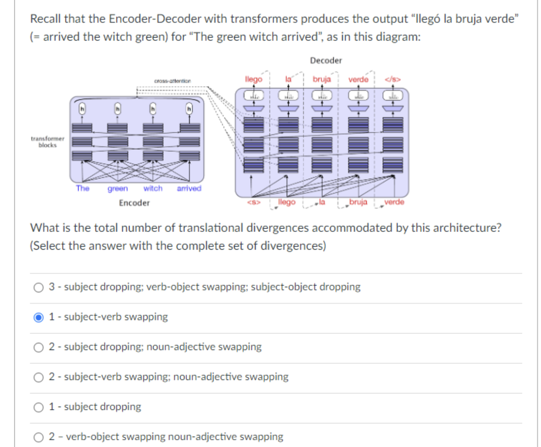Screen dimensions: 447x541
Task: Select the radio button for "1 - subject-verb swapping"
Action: pos(38,317)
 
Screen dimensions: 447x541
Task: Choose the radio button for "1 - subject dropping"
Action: pos(38,407)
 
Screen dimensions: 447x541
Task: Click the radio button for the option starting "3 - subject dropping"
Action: pos(38,287)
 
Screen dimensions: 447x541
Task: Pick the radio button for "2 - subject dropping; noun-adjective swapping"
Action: pos(38,347)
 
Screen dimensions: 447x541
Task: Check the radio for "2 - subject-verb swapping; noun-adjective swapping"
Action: pos(38,377)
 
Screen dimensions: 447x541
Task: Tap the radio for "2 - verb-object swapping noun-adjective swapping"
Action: pos(38,437)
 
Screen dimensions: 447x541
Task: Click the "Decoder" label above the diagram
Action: pos(326,60)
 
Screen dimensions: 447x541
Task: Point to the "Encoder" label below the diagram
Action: pos(134,203)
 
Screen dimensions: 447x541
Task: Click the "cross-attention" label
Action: pos(172,81)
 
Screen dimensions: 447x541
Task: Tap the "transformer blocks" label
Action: pos(47,142)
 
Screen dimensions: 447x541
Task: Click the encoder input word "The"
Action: pos(83,188)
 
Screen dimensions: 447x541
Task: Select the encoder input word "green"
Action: pos(117,188)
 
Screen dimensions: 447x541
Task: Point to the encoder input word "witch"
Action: pos(153,188)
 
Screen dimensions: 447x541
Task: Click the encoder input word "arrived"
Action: pos(189,188)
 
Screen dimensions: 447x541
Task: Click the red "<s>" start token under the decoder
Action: pos(254,202)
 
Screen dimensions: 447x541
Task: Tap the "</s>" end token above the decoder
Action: pos(392,79)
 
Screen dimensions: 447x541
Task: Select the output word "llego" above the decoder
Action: pos(254,79)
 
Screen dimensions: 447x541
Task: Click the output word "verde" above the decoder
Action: pos(358,79)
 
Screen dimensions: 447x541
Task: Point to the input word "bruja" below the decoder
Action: pos(358,202)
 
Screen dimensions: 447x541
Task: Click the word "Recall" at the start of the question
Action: pos(46,19)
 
